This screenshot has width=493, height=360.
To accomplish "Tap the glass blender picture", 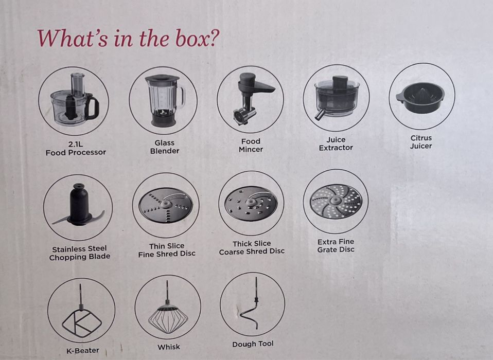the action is coord(164,100).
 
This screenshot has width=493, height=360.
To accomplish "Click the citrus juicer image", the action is coord(420,97).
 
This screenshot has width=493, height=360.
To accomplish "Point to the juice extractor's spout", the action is coord(320,114).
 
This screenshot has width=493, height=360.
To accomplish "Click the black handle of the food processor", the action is coord(92,108).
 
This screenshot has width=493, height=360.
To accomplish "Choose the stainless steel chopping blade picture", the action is coord(79,205).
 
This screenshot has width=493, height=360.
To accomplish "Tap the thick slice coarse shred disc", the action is coord(251,204).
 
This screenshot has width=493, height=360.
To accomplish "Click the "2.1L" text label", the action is coord(76,145).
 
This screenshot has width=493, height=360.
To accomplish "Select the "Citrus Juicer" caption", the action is coord(421,142).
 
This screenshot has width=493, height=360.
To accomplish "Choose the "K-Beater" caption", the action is coord(83,350).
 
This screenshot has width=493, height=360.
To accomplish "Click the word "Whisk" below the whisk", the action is coord(169,347).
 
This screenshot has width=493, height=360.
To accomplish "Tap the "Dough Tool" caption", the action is coord(253,344).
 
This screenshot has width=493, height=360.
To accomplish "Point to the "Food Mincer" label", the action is coord(251,146).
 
